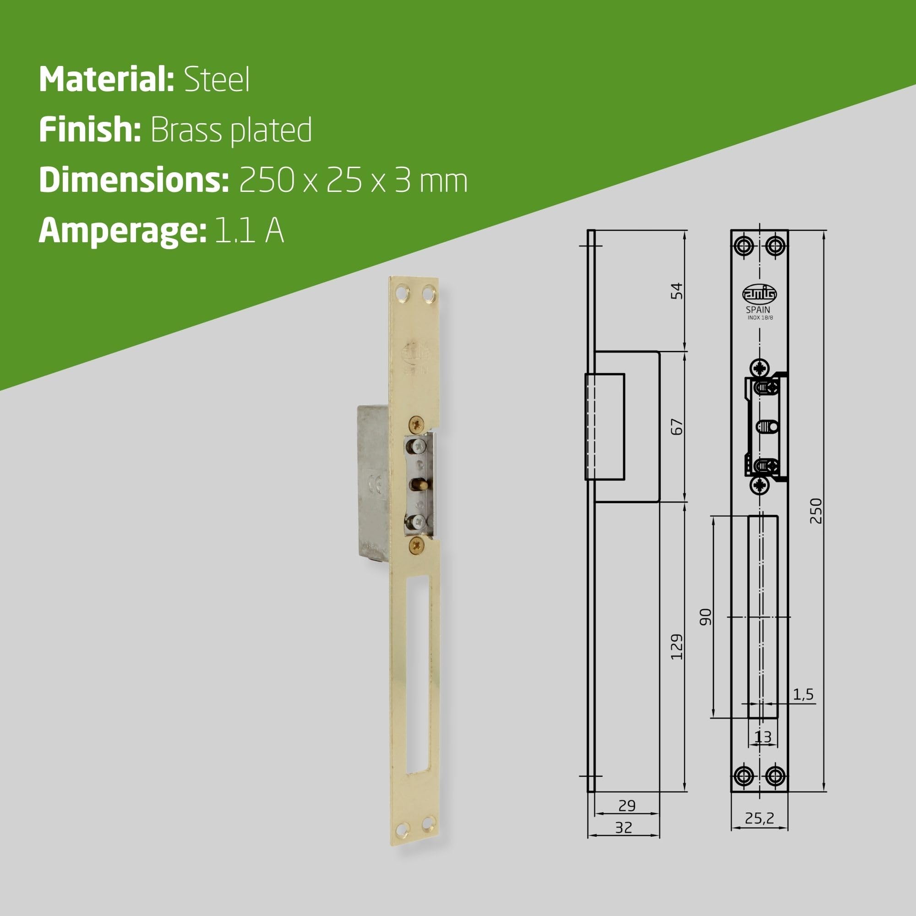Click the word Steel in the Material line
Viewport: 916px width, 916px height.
[x=217, y=80]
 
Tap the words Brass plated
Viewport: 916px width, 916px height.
[x=231, y=130]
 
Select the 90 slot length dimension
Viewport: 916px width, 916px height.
[x=706, y=617]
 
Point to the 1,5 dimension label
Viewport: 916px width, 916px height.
[x=803, y=695]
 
